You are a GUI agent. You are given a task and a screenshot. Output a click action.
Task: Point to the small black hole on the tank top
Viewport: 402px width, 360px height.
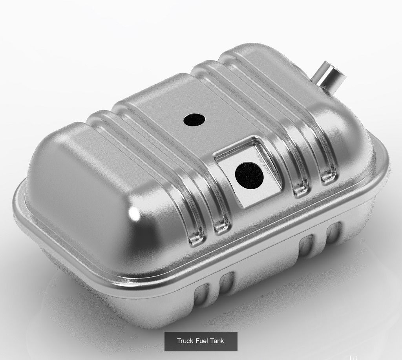tap(194, 120)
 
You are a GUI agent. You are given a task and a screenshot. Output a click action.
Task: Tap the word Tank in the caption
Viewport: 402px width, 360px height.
tap(217, 341)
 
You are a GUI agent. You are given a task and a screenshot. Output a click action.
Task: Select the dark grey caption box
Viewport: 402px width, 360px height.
tap(201, 341)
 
